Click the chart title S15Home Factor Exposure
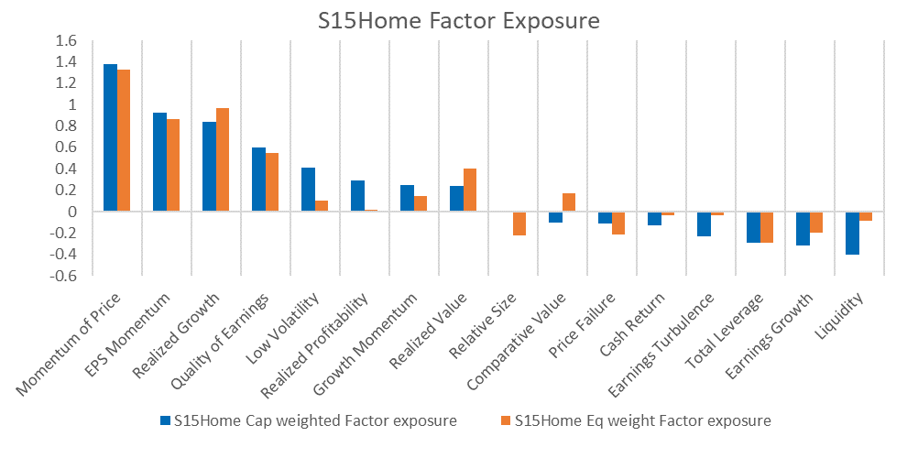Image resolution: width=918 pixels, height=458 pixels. (x=459, y=21)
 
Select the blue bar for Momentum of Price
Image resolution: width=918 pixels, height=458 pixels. (x=111, y=137)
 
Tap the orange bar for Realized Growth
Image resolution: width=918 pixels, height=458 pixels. (x=223, y=160)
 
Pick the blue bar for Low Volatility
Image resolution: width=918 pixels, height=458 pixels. (x=308, y=190)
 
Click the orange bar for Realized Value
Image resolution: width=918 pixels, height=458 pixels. (x=470, y=191)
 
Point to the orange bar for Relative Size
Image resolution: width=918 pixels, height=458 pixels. (x=519, y=224)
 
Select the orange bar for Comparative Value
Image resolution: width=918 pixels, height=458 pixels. (x=568, y=202)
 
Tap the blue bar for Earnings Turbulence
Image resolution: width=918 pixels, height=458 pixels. (x=704, y=224)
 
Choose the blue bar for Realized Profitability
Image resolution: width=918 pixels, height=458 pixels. (x=357, y=196)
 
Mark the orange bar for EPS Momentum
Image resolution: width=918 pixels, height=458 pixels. (x=173, y=166)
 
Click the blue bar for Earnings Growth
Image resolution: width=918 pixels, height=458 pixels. (x=803, y=229)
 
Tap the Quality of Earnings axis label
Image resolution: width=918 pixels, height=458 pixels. (x=220, y=343)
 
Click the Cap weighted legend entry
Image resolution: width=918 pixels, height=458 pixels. (x=309, y=421)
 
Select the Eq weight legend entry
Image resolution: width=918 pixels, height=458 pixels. (x=637, y=421)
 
